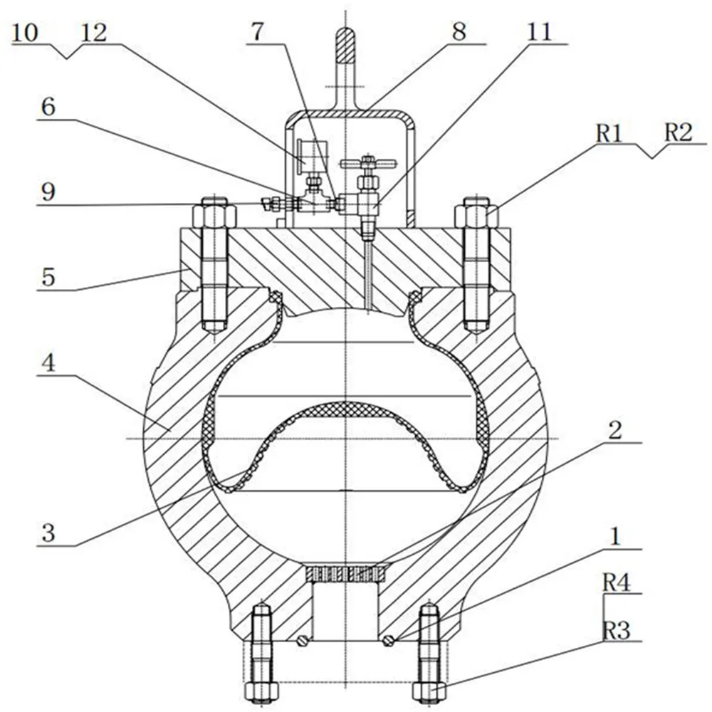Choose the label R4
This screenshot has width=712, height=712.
[x=617, y=582]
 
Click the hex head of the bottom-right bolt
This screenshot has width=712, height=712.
[x=429, y=691]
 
